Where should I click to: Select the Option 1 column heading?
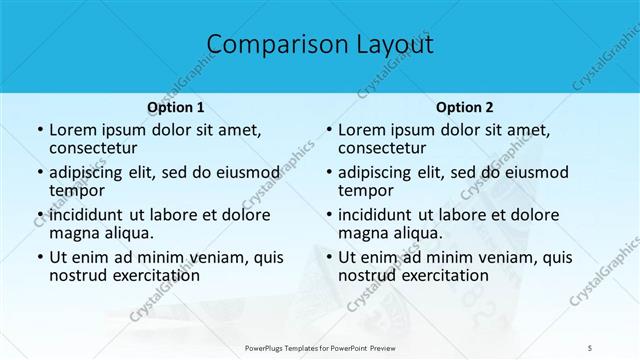(x=175, y=107)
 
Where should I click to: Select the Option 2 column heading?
(x=463, y=107)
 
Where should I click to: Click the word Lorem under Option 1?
(x=73, y=130)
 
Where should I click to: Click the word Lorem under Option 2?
(x=362, y=130)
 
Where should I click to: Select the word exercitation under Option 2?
(x=445, y=275)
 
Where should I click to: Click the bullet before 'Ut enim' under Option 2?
(x=329, y=257)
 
